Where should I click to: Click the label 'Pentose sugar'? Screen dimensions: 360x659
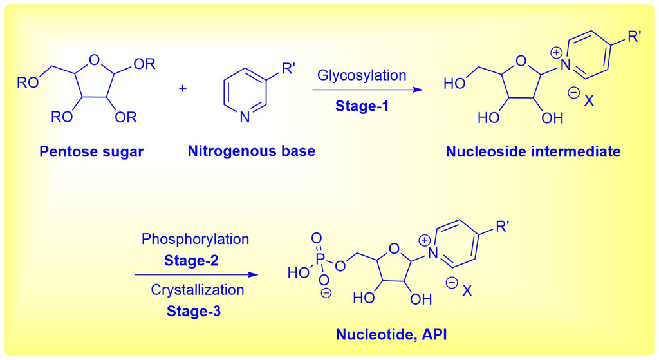(x=92, y=152)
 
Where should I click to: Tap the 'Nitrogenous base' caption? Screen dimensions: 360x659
(x=252, y=152)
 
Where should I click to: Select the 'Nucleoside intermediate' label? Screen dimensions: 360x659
(x=533, y=152)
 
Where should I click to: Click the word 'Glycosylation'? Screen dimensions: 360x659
(x=362, y=75)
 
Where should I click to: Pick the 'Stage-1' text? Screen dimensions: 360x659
(x=362, y=106)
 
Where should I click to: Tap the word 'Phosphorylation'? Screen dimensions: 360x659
(x=195, y=239)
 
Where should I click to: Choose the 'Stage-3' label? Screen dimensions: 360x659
(x=195, y=311)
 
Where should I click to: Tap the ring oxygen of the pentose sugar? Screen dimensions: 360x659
(x=95, y=61)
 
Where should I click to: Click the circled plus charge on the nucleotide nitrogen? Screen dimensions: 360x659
(x=425, y=241)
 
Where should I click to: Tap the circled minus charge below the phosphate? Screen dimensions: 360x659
(x=326, y=293)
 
